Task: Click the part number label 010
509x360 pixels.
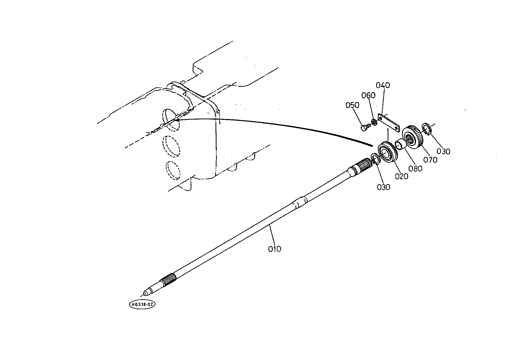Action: tap(275, 249)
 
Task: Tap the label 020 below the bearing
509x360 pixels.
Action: tap(402, 176)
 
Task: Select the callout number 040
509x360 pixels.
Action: tap(383, 85)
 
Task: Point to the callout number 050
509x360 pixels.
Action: tap(353, 105)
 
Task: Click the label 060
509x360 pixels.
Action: tap(368, 95)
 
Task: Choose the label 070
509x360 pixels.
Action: tap(430, 160)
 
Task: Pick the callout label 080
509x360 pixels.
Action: tap(415, 169)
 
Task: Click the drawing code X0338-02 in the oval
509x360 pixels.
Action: tap(142, 305)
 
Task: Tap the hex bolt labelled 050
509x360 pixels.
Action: tap(365, 127)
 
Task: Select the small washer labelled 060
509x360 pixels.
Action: tap(374, 122)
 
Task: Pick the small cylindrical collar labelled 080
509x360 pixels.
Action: tap(400, 145)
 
